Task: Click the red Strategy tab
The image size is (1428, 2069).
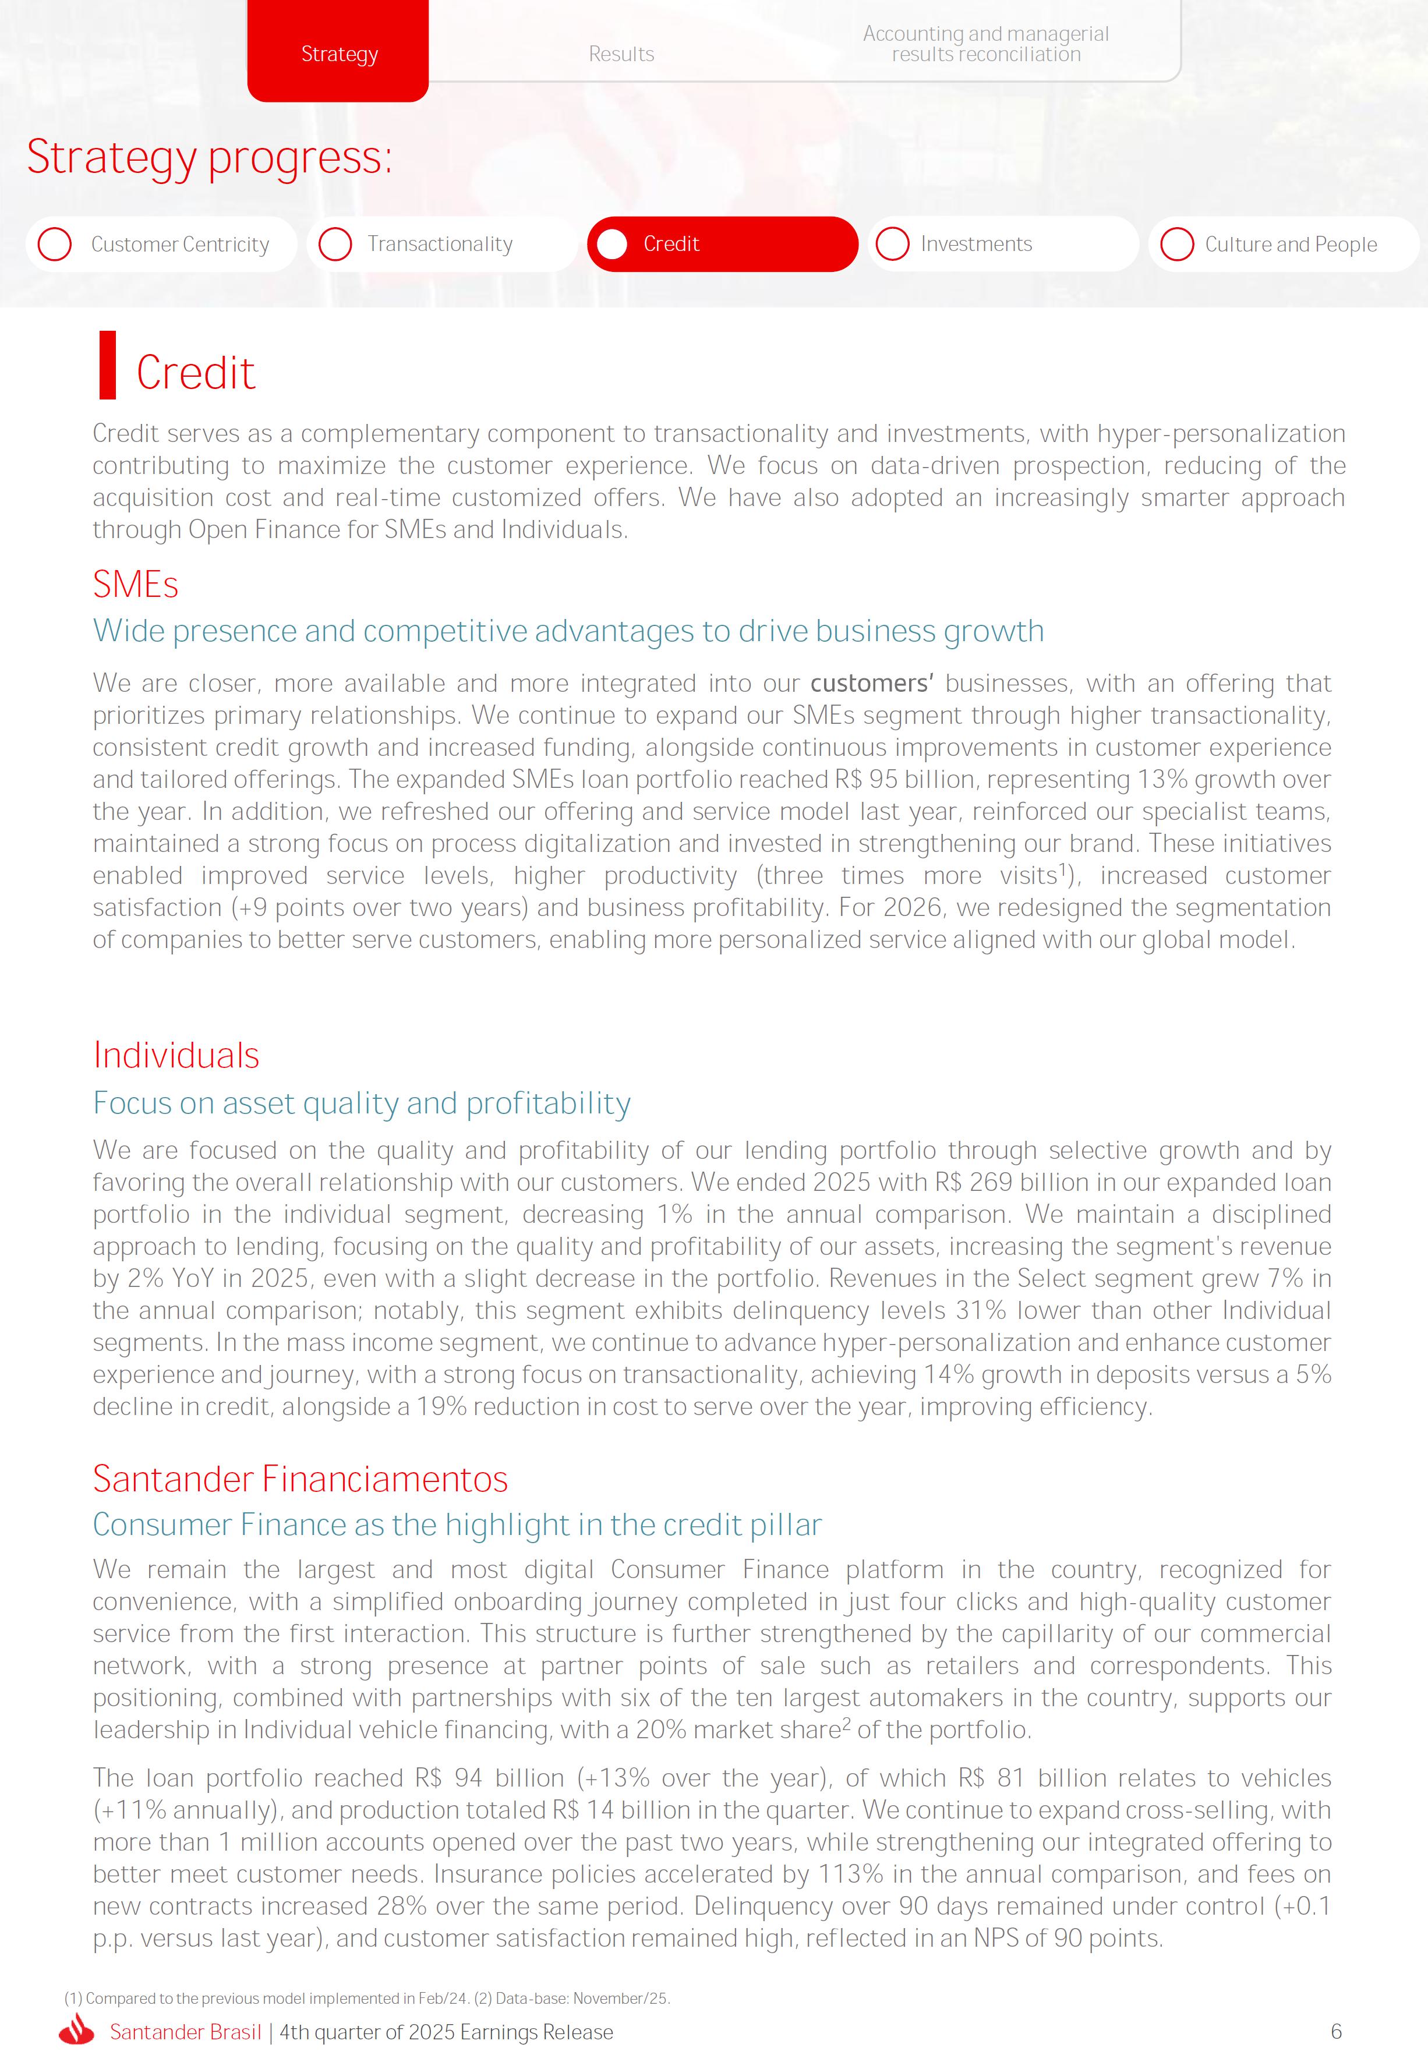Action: click(338, 54)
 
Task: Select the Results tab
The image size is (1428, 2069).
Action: click(621, 54)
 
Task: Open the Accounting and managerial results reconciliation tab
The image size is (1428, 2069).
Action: click(985, 44)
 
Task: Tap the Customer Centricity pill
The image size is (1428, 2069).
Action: click(162, 244)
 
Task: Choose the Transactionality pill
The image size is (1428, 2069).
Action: click(441, 244)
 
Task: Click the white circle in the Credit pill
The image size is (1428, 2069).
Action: click(612, 244)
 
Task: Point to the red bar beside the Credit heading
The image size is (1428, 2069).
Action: click(107, 365)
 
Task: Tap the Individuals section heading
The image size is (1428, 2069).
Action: click(176, 1056)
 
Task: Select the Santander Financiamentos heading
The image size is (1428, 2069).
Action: click(300, 1479)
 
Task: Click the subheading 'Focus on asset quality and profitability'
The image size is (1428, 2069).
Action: click(362, 1103)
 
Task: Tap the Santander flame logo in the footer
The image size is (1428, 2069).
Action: click(77, 2031)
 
